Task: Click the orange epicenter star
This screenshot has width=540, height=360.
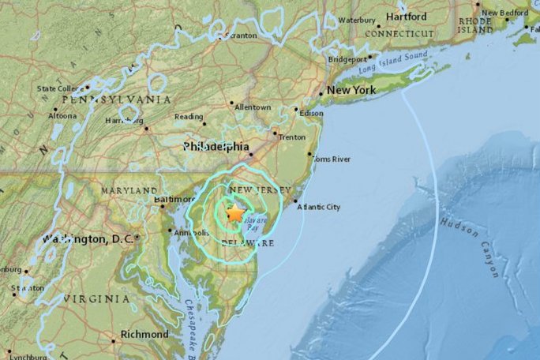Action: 235,212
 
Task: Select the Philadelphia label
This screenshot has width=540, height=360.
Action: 216,147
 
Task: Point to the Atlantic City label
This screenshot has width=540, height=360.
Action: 320,207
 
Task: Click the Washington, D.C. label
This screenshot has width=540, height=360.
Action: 88,238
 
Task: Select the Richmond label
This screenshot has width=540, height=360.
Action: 145,334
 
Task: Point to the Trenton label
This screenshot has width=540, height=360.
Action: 292,137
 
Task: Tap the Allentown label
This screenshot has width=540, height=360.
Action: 253,107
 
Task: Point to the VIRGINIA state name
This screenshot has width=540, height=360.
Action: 96,299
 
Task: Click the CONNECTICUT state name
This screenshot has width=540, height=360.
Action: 399,34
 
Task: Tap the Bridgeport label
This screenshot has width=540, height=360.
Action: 348,58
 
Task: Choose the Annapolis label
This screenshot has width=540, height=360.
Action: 191,232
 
